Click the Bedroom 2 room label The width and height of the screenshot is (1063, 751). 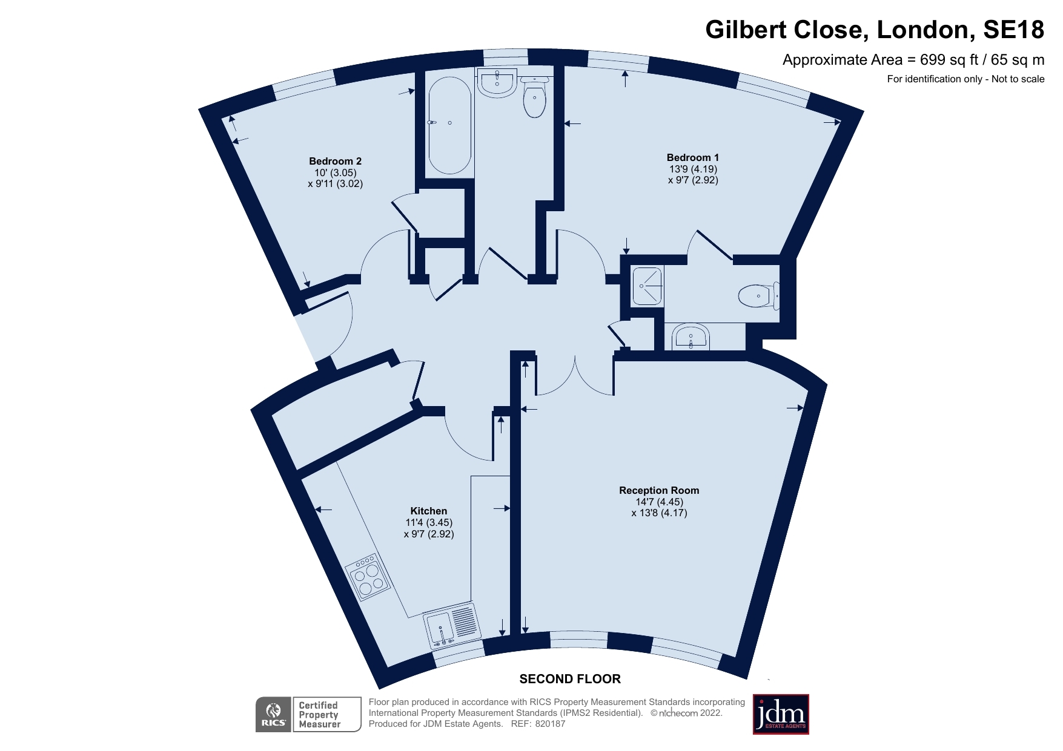335,161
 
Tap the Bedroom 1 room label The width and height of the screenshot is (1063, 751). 692,157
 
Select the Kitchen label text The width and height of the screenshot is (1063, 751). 428,511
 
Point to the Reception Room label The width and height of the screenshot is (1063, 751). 658,490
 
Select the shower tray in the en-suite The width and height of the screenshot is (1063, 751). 647,286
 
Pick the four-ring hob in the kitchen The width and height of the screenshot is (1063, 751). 368,577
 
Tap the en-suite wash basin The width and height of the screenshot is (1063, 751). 690,337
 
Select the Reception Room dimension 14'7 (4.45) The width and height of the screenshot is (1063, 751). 659,502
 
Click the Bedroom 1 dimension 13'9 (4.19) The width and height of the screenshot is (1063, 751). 692,169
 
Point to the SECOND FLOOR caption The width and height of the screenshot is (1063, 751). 569,679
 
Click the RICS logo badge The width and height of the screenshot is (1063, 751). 274,715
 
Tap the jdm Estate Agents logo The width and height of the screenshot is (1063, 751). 780,715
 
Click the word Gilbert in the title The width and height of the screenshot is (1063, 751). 748,30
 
